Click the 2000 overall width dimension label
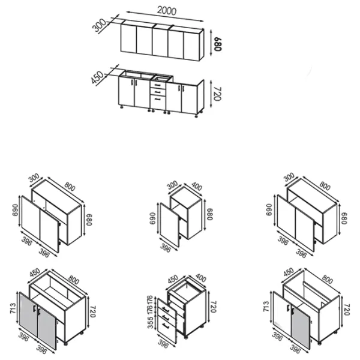tap(167, 11)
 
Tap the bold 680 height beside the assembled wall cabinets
tap(217, 44)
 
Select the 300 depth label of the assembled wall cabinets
tap(99, 25)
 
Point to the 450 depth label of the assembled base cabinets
tap(97, 77)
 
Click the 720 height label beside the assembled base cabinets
tap(217, 94)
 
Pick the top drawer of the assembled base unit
tap(158, 85)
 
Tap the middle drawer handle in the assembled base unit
tap(157, 92)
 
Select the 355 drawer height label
tap(150, 322)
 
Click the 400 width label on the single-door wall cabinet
tap(197, 187)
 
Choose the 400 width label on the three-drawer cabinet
tap(201, 278)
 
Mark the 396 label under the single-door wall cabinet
tap(166, 248)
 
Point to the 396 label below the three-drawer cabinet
tap(163, 343)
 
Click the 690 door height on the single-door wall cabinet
tap(152, 218)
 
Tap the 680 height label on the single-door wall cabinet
tap(210, 214)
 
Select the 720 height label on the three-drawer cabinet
tap(213, 307)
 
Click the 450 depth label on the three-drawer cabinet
tap(173, 279)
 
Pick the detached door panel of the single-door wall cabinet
tap(169, 225)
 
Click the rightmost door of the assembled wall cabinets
tap(191, 46)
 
